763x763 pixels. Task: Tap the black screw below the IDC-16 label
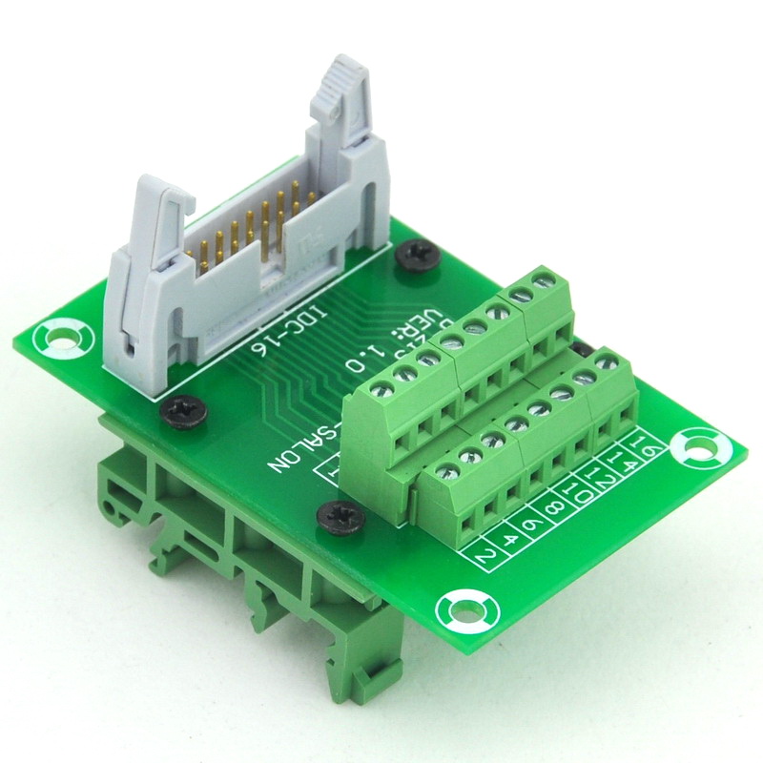182,411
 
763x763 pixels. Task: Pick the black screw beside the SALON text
341,516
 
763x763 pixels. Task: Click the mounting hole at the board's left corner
62,337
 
